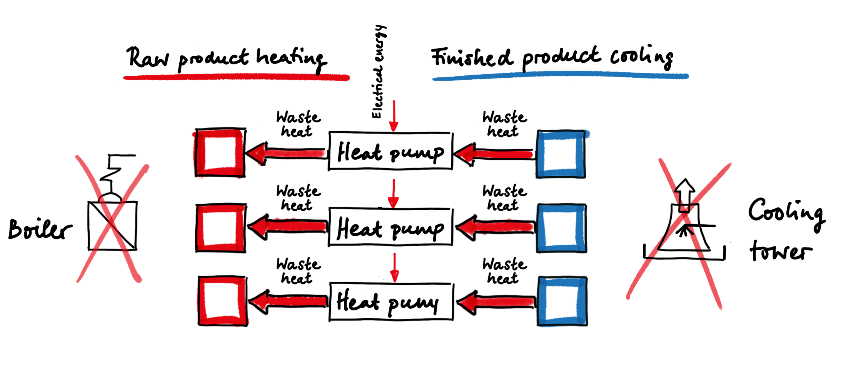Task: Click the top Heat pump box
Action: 390,151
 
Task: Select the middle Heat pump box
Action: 390,227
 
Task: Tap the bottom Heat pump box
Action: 391,302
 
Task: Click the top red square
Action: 220,152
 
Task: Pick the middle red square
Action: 220,228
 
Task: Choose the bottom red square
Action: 222,301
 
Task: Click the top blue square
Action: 561,154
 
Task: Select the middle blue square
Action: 562,228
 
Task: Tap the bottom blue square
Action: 562,301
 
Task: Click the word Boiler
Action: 40,229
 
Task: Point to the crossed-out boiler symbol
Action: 112,219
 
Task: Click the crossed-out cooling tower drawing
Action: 684,231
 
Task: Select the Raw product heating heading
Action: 227,58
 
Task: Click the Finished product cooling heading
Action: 552,58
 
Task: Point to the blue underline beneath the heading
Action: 560,76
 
